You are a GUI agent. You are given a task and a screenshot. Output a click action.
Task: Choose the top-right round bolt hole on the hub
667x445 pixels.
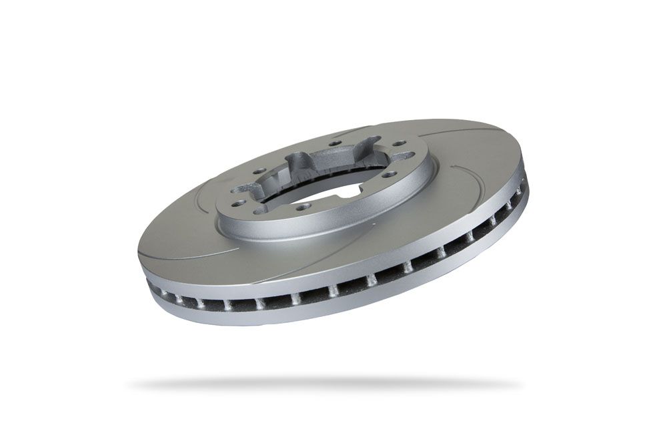click(x=398, y=143)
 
